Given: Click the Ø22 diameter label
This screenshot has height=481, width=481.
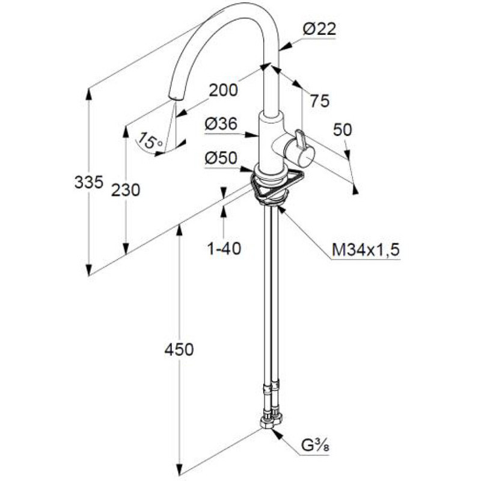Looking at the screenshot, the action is click(319, 29).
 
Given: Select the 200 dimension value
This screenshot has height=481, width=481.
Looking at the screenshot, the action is click(223, 90).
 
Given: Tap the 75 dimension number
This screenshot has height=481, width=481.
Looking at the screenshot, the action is click(320, 100).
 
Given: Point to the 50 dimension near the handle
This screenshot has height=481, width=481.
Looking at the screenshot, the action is click(342, 130).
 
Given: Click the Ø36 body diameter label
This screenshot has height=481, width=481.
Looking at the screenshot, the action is click(221, 124).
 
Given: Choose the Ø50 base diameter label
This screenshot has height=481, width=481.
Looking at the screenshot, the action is click(221, 158).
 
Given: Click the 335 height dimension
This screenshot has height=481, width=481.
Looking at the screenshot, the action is click(88, 183).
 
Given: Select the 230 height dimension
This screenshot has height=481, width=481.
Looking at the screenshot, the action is click(126, 190).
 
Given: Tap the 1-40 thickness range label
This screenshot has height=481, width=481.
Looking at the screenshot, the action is click(224, 248).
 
